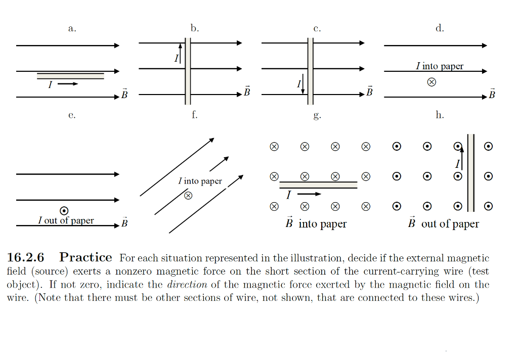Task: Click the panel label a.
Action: (x=72, y=28)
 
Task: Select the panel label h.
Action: (x=440, y=115)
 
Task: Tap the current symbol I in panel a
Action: (x=50, y=85)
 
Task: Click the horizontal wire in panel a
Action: (x=70, y=76)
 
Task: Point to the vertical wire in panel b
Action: (x=187, y=71)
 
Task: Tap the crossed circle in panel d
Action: (x=431, y=82)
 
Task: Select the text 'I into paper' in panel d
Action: (x=439, y=66)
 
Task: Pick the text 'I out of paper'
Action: (x=66, y=220)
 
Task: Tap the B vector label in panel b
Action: (x=247, y=92)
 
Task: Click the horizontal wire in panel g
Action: (x=318, y=185)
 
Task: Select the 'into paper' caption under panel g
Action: (x=322, y=224)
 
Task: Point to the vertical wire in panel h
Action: (x=470, y=172)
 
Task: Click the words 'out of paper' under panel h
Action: (x=450, y=224)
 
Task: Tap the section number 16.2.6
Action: (x=25, y=257)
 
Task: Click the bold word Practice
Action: (x=85, y=257)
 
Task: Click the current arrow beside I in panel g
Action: (x=309, y=194)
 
